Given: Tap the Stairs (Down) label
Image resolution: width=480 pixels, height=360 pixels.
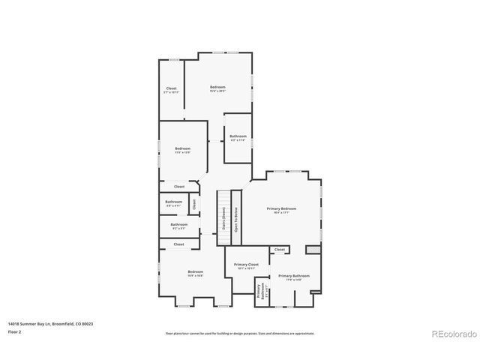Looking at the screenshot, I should tap(223, 217).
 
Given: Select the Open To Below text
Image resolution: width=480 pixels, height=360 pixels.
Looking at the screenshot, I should tap(236, 217).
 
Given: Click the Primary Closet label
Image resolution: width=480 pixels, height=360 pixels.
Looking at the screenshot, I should tap(246, 265).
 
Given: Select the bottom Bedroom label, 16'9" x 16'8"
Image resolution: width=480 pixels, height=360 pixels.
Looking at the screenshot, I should tap(195, 273).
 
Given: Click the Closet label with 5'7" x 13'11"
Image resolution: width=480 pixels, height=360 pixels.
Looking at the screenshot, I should tap(172, 90).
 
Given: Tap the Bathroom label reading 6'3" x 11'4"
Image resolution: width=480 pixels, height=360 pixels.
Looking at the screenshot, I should tap(238, 137).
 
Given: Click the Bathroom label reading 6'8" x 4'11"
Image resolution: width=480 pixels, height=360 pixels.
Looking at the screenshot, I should tap(174, 202).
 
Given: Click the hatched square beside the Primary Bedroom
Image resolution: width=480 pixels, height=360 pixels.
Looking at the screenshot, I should tap(313, 250).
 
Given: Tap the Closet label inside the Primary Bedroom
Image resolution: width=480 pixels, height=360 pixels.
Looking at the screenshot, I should tap(280, 250).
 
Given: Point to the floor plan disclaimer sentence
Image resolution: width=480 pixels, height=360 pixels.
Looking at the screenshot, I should tap(239, 333).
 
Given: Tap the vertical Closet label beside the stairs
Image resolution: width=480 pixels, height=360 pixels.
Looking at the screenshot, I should tap(193, 203).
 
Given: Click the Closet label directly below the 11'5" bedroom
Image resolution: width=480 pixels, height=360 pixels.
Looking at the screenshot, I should tap(179, 186).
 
